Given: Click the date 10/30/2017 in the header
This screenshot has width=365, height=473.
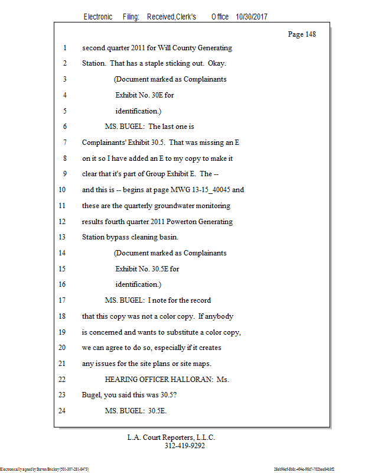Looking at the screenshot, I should pos(252,17).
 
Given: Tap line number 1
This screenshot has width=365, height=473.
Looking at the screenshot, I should pos(64,48).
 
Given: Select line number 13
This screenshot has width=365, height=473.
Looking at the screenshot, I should pos(63,237).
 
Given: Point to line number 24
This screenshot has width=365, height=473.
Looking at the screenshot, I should pos(63,410).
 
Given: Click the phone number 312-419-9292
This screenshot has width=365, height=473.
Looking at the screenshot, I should pos(184,446).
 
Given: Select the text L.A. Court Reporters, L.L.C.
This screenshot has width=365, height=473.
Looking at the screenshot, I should pos(171,438).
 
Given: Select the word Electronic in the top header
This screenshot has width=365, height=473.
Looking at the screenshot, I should pos(98,17).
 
